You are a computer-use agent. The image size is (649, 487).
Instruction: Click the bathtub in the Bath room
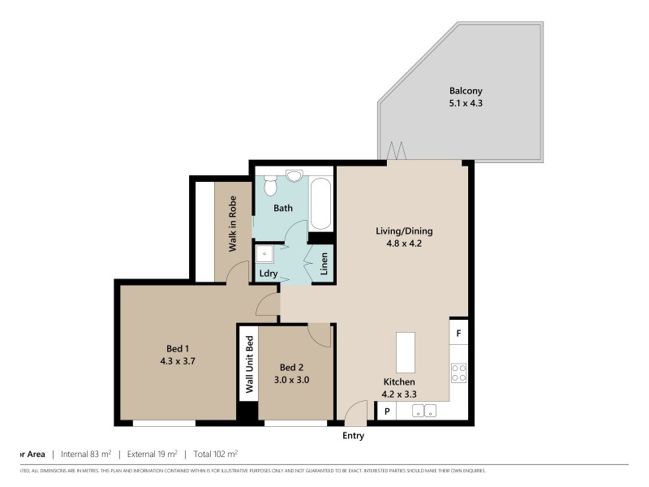pyautogui.click(x=320, y=203)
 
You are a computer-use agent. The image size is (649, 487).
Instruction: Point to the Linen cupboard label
pyautogui.click(x=323, y=265)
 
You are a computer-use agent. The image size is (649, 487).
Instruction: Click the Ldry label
pyautogui.click(x=269, y=274)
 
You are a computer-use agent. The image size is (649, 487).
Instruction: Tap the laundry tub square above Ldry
pyautogui.click(x=265, y=254)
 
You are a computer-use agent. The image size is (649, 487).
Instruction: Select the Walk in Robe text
pyautogui.click(x=232, y=224)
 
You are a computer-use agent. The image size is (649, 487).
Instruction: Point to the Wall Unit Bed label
pyautogui.click(x=250, y=365)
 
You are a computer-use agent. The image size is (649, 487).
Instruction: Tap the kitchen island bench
pyautogui.click(x=405, y=352)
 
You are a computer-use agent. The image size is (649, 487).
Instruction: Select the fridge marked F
pyautogui.click(x=458, y=333)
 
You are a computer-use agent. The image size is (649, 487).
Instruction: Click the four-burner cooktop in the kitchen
pyautogui.click(x=458, y=373)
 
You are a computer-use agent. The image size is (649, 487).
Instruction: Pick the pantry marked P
pyautogui.click(x=387, y=412)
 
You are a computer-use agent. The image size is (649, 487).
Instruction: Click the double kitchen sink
pyautogui.click(x=425, y=411)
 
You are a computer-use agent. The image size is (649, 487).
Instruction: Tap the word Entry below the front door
pyautogui.click(x=353, y=436)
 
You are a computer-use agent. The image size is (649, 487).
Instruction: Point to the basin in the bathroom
pyautogui.click(x=294, y=175)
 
